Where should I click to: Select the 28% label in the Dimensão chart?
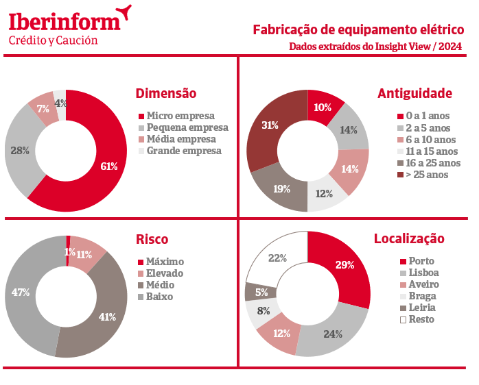pos(20,151)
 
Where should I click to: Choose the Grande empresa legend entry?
pos(184,151)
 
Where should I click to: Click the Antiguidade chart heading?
pos(414,93)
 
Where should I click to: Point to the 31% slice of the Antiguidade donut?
pos(270,125)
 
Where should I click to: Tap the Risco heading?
pos(152,239)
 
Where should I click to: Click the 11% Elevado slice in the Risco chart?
pos(85,254)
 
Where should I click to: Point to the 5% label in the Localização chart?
pos(261,293)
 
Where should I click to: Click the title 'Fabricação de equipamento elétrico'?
pos(358,29)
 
